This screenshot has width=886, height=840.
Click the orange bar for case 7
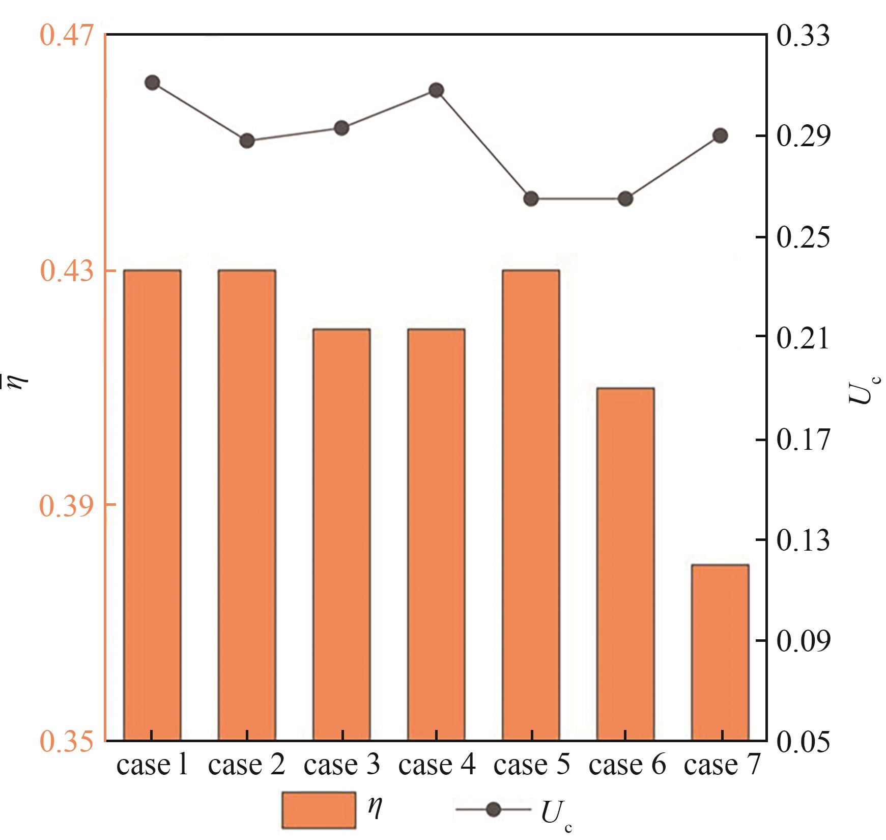pos(720,652)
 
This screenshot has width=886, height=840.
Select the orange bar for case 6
pos(625,564)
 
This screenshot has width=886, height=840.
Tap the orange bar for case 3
pos(341,534)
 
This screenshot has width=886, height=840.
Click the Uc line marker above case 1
pos(152,83)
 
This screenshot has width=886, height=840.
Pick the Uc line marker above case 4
pos(436,91)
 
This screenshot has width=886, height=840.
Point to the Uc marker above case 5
pos(531,199)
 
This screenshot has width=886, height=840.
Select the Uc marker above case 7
pos(720,136)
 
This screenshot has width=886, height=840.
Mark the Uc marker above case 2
pos(247,141)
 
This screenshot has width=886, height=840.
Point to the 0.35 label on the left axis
pos(67,740)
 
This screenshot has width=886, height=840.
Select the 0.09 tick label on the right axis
pos(803,640)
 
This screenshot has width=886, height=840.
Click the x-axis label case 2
pos(246,765)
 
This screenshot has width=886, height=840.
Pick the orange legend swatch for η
pos(319,809)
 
